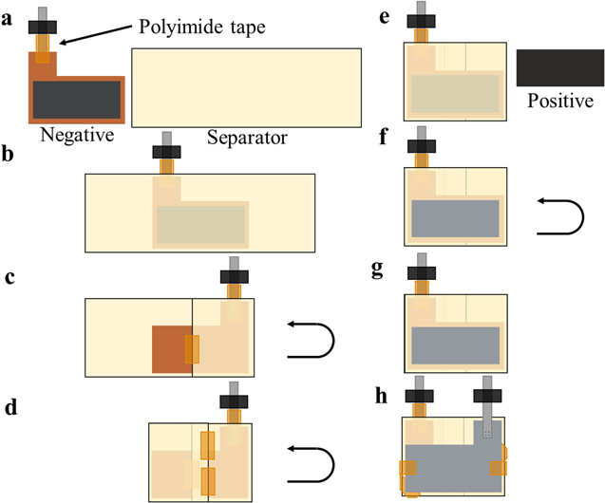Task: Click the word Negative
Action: (77, 136)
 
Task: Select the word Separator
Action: (247, 139)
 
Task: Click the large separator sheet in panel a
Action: (246, 86)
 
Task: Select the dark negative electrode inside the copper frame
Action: (76, 99)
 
